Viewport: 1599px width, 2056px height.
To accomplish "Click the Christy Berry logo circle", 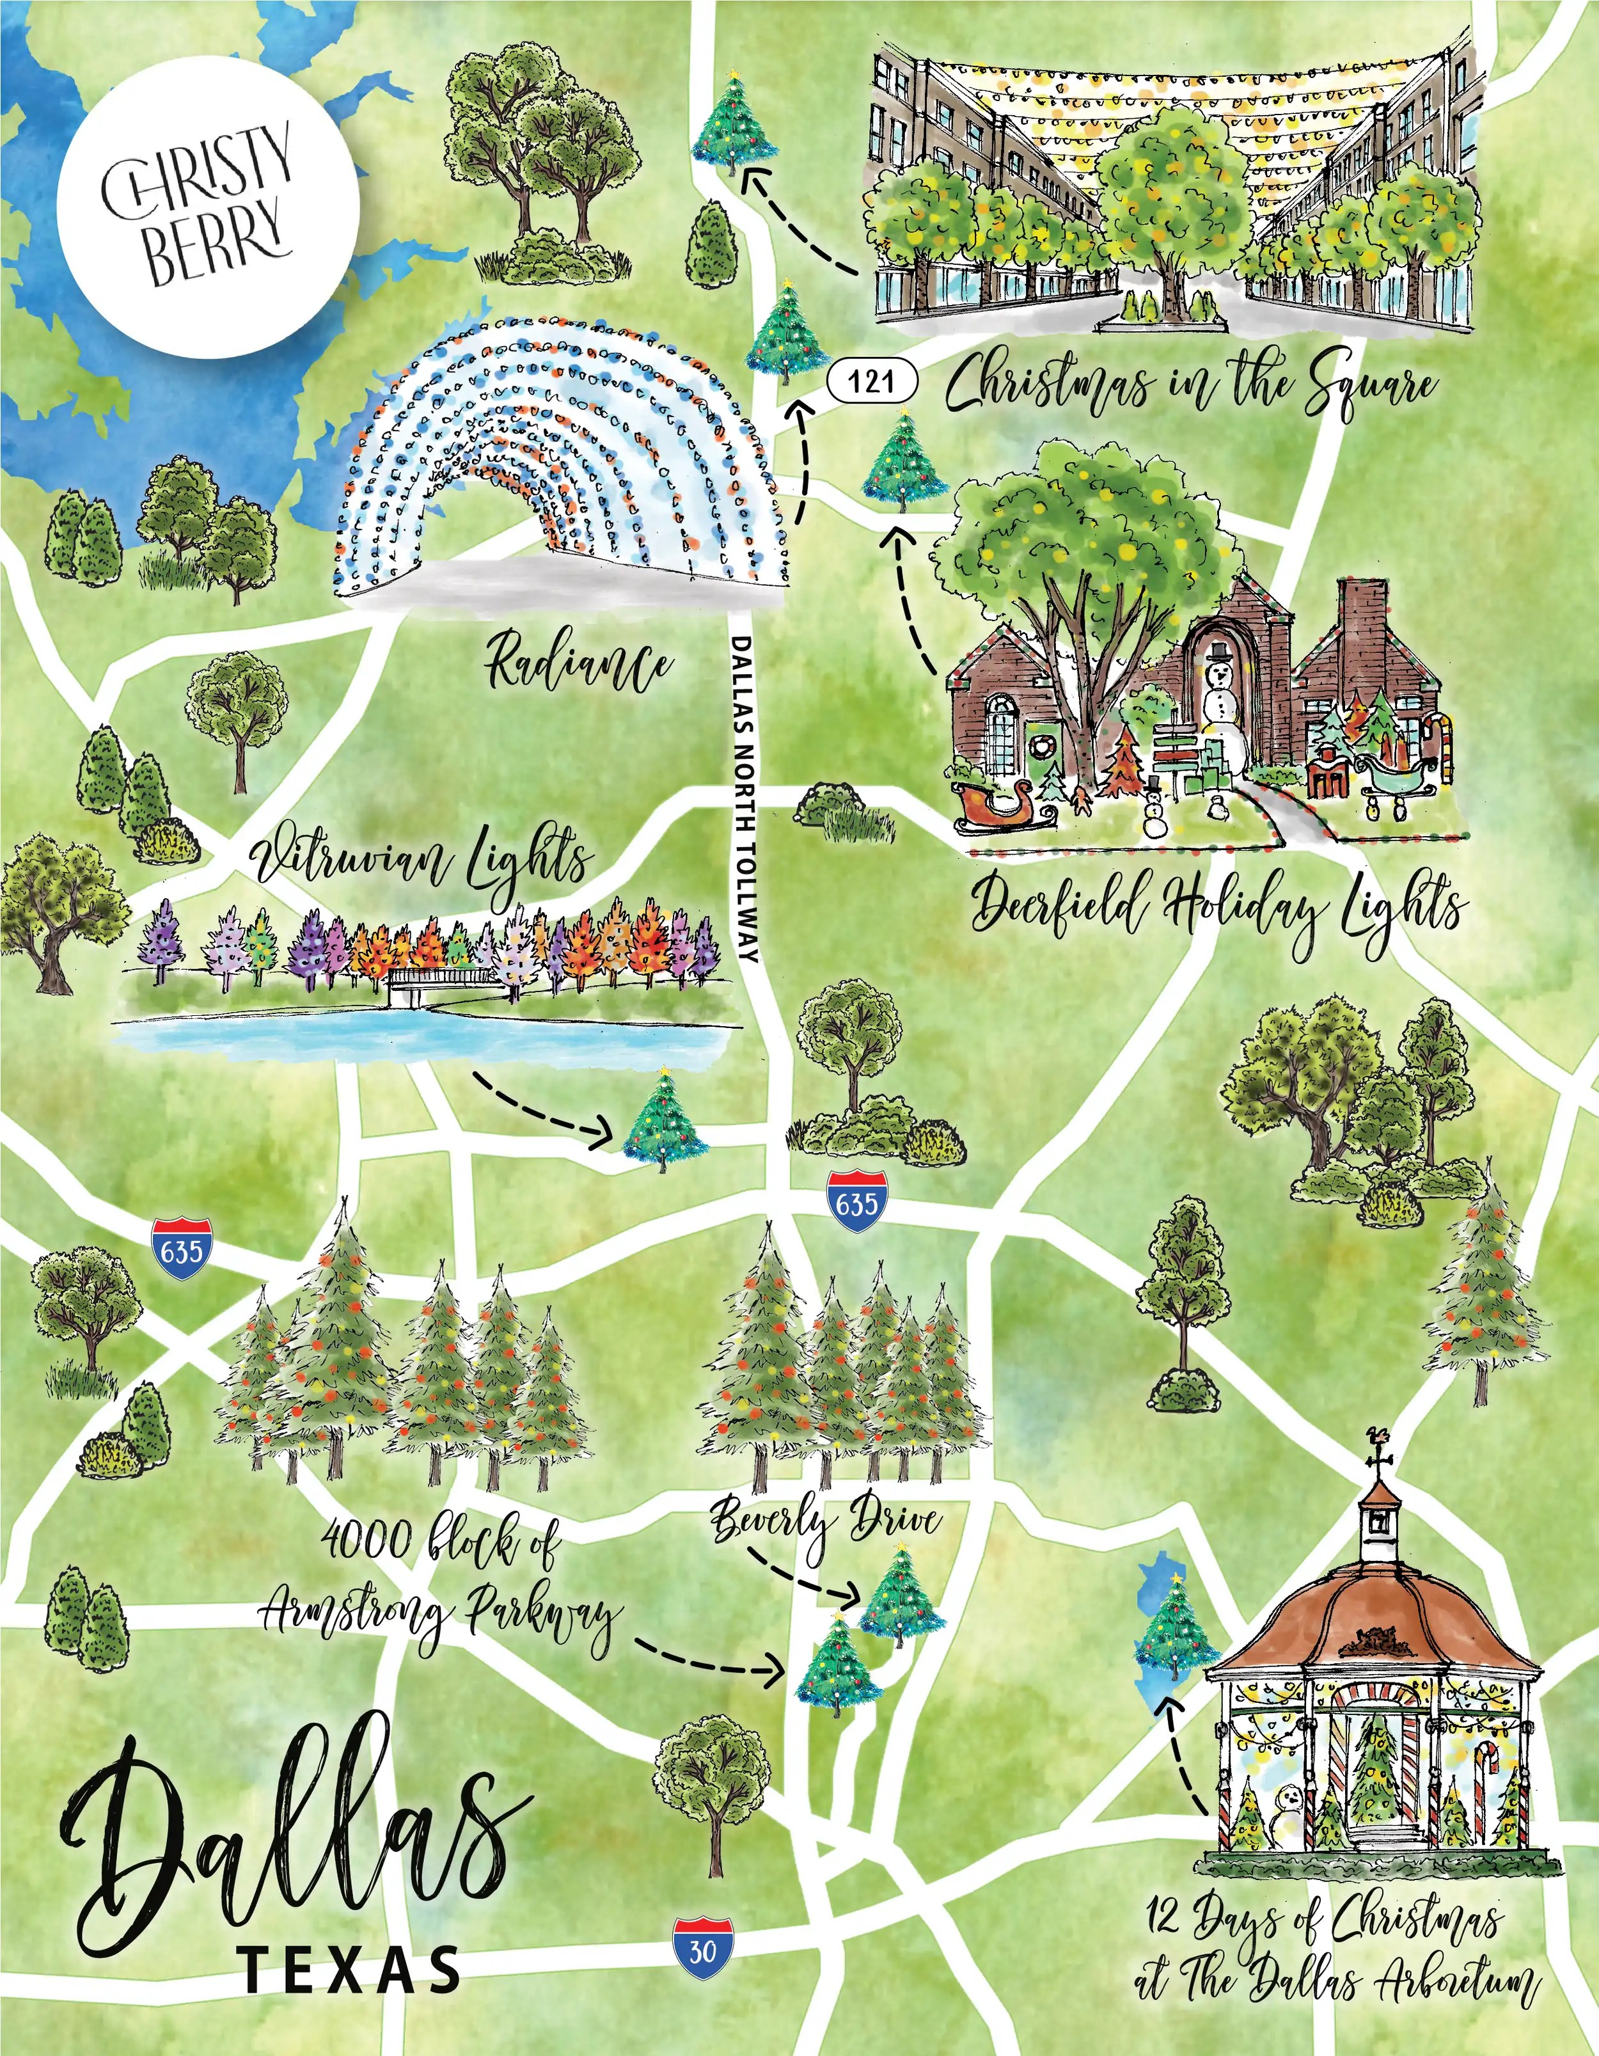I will coord(207,207).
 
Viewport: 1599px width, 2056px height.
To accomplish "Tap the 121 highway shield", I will coord(872,381).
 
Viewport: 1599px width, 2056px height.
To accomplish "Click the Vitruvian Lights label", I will coord(423,862).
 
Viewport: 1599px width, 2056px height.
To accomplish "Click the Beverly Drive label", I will coord(824,1519).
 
